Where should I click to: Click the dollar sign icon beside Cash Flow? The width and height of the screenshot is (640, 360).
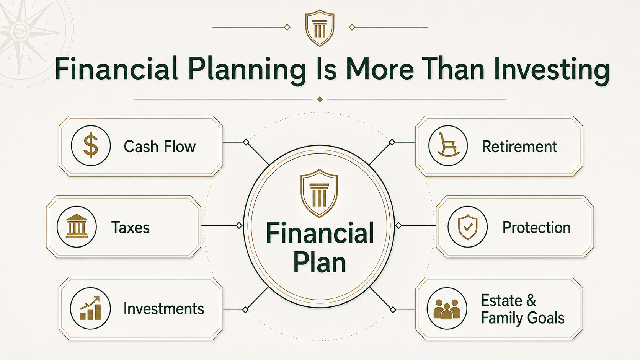pyautogui.click(x=91, y=146)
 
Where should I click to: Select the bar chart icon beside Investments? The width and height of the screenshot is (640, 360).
pyautogui.click(x=90, y=308)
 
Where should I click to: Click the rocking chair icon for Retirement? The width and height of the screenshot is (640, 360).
pyautogui.click(x=448, y=145)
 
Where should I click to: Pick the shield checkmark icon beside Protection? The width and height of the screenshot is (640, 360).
pyautogui.click(x=467, y=227)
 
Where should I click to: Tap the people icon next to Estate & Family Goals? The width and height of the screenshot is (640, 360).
pyautogui.click(x=447, y=309)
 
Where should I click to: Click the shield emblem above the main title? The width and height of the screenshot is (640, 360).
pyautogui.click(x=320, y=28)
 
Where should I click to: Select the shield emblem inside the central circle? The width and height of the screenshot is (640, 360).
pyautogui.click(x=319, y=193)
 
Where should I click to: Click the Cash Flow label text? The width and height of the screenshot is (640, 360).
pyautogui.click(x=160, y=147)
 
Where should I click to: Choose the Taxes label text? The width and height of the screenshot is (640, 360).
pyautogui.click(x=130, y=228)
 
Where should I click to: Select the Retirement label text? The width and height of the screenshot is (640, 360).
pyautogui.click(x=519, y=147)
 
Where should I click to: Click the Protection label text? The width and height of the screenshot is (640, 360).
pyautogui.click(x=536, y=228)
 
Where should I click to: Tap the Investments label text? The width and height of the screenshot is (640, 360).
pyautogui.click(x=164, y=309)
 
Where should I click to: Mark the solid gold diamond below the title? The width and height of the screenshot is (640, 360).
pyautogui.click(x=320, y=99)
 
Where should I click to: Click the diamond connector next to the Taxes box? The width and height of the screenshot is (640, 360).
pyautogui.click(x=239, y=226)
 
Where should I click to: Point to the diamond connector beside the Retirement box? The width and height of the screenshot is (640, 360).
pyautogui.click(x=392, y=142)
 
